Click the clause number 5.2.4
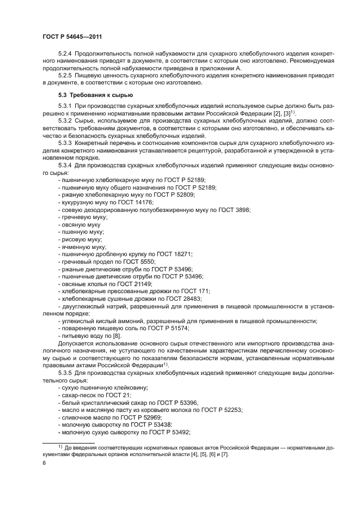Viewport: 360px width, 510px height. (65, 54)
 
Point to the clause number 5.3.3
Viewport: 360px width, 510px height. (65, 142)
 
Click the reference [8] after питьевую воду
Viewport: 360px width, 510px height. (116, 336)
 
